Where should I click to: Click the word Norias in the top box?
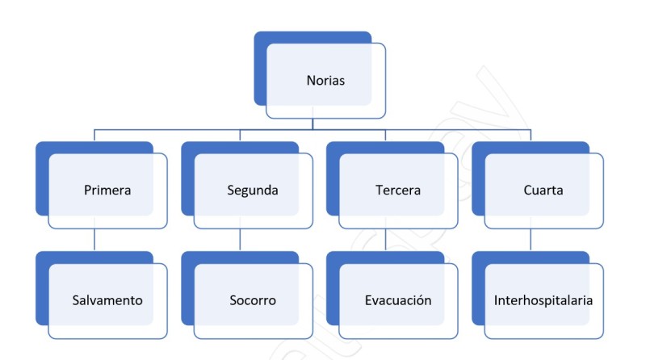click(326, 81)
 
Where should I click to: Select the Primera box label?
click(107, 191)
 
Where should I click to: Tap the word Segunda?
click(253, 191)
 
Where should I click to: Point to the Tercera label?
click(398, 191)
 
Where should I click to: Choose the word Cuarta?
click(543, 191)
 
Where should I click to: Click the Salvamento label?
click(107, 300)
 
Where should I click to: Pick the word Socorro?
click(253, 300)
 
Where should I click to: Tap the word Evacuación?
click(398, 300)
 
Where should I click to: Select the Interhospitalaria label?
click(543, 300)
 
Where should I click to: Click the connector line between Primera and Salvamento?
click(94, 241)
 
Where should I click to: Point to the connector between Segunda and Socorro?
click(240, 241)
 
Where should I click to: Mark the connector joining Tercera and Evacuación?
click(385, 241)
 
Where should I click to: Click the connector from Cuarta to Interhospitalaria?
click(531, 241)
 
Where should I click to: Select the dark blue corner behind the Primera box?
click(42, 149)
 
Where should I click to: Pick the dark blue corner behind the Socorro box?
click(187, 257)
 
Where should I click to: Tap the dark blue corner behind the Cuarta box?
click(478, 149)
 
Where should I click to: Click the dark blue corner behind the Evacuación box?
click(333, 257)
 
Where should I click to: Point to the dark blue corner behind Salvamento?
click(42, 257)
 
